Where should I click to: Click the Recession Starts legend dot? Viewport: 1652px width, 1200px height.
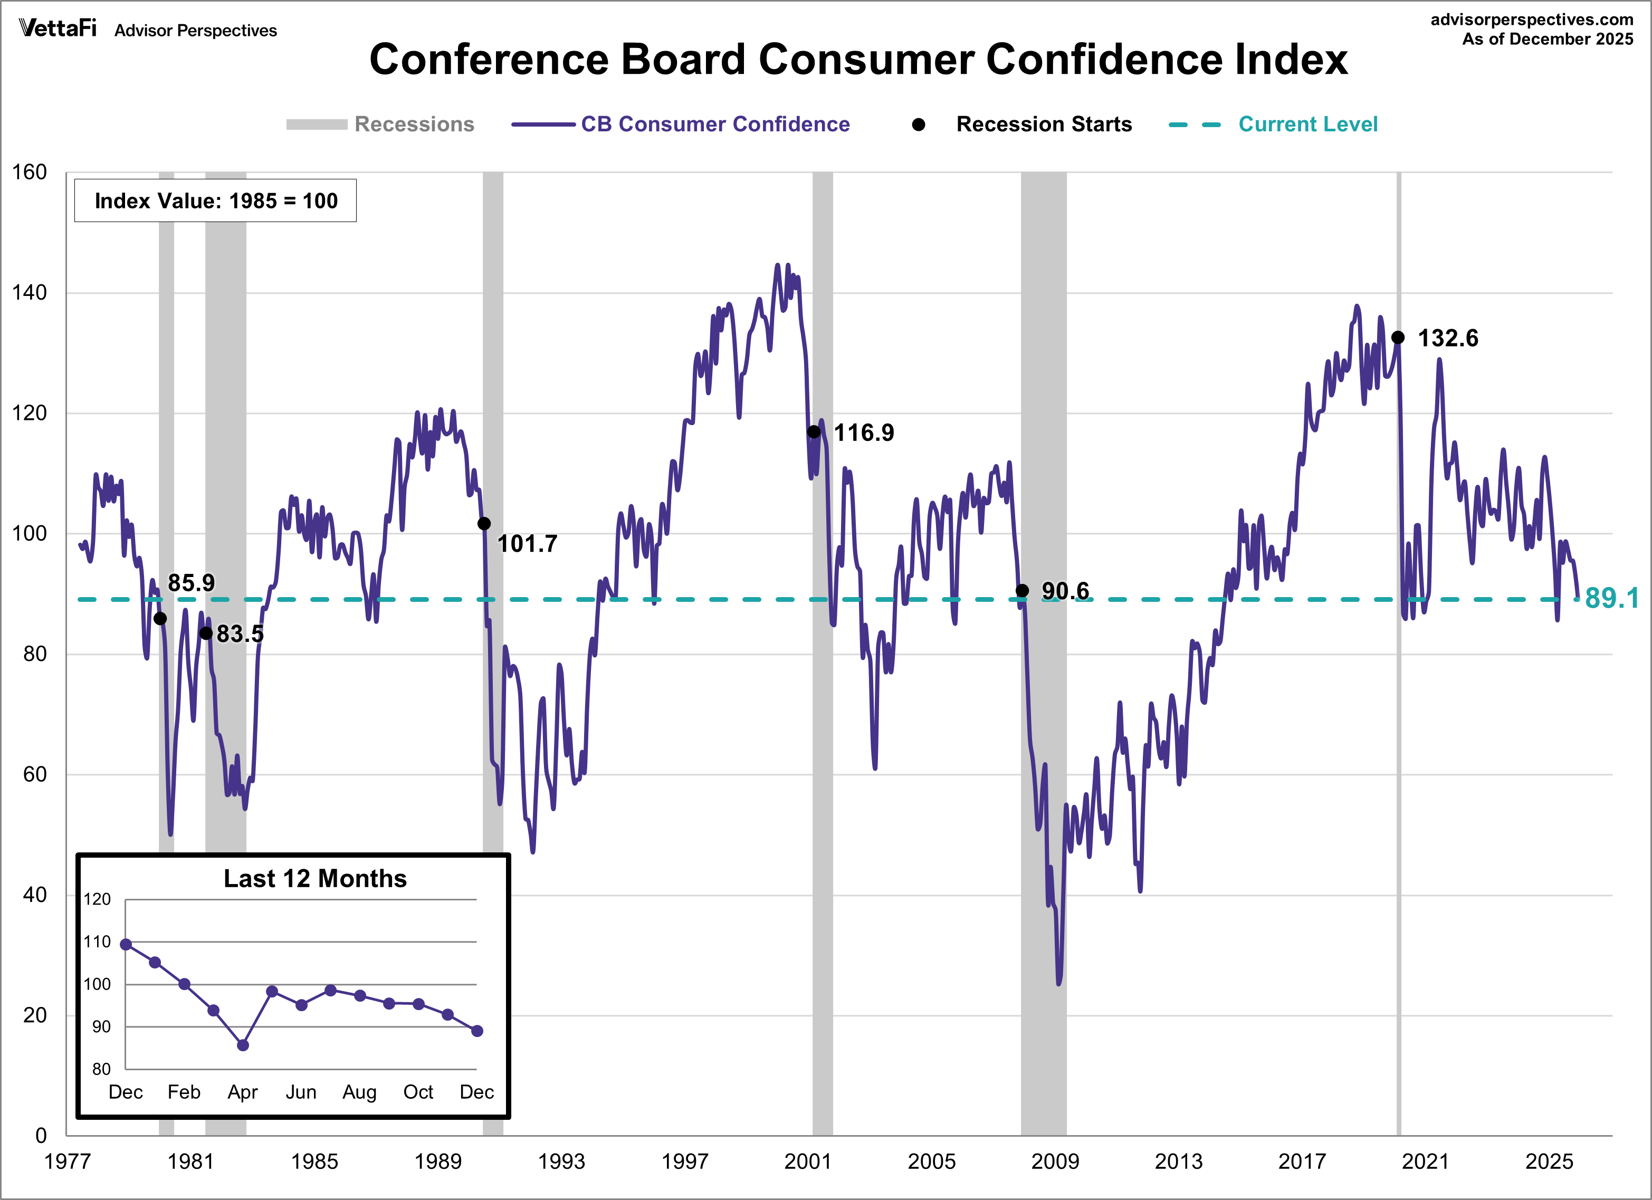point(919,124)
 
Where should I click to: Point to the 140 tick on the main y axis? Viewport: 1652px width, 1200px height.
point(29,293)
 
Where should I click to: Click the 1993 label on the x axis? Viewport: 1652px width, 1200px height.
point(561,1161)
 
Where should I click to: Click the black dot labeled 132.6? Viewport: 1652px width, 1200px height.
point(1398,337)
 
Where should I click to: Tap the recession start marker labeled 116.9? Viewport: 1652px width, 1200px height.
point(814,432)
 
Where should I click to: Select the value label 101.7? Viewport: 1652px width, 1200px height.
point(527,544)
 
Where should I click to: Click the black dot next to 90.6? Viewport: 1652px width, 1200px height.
point(1022,591)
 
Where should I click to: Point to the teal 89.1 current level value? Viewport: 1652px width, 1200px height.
point(1611,599)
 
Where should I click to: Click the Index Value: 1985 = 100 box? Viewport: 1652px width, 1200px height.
point(216,201)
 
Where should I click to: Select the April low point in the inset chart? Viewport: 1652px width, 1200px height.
point(243,1045)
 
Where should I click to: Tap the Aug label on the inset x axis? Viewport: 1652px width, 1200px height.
point(359,1092)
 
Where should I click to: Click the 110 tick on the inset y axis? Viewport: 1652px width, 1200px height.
point(97,942)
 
